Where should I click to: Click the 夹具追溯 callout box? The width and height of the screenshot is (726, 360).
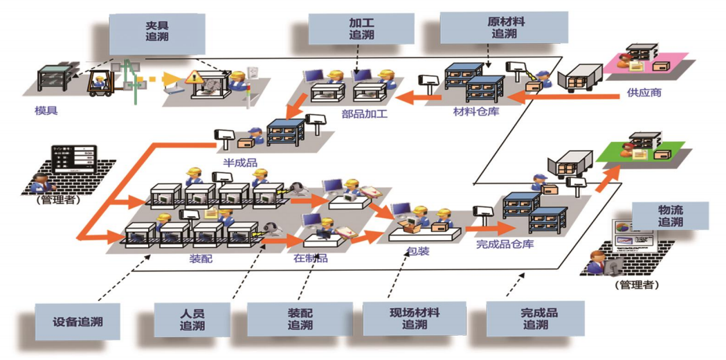(157, 31)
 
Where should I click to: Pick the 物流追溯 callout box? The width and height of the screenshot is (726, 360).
(670, 216)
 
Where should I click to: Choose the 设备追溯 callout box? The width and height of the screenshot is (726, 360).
(77, 323)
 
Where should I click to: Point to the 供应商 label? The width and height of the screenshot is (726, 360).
(644, 92)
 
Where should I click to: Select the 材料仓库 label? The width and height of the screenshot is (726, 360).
(476, 111)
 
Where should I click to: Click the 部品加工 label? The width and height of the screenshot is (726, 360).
(364, 114)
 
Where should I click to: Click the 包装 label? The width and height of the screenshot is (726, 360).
(419, 250)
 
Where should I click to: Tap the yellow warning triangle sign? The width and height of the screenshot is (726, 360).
(193, 77)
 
